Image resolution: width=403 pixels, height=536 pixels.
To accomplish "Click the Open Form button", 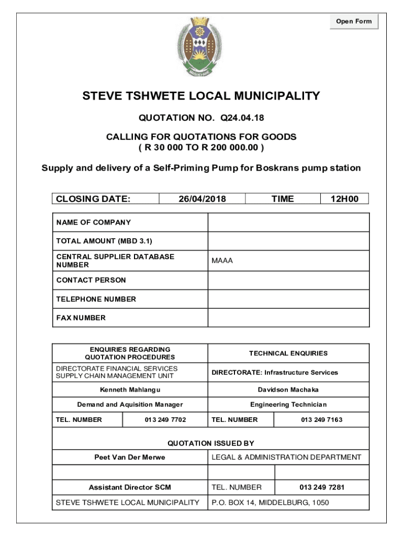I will [354, 21].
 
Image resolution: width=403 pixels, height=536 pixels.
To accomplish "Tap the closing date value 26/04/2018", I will [202, 199].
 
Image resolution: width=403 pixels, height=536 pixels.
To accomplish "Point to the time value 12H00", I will [344, 199].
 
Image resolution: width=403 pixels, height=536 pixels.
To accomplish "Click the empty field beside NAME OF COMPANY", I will [288, 222].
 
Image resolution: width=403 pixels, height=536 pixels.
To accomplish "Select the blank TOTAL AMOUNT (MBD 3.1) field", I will [288, 241].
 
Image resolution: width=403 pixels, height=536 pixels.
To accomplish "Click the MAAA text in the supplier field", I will [222, 261].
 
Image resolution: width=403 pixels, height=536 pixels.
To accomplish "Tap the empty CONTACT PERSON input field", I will [288, 280].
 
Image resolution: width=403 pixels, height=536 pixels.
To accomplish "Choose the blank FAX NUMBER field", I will [288, 318].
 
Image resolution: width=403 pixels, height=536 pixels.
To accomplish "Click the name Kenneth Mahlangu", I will [130, 390].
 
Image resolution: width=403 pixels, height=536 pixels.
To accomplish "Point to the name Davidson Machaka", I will [288, 390].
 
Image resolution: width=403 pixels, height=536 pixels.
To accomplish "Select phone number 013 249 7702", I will [165, 420].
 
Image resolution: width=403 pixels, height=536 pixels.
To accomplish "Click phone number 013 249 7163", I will [322, 420].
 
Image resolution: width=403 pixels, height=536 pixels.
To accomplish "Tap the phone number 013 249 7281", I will [322, 487].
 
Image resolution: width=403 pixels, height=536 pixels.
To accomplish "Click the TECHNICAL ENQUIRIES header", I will [288, 353].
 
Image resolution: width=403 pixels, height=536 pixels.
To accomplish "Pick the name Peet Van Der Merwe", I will [130, 457].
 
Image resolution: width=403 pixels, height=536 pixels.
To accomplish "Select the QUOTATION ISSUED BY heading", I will [210, 443].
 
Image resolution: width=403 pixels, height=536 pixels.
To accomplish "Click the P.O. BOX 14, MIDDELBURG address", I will [270, 503].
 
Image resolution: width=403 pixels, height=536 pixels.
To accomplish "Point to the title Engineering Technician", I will [288, 405].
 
